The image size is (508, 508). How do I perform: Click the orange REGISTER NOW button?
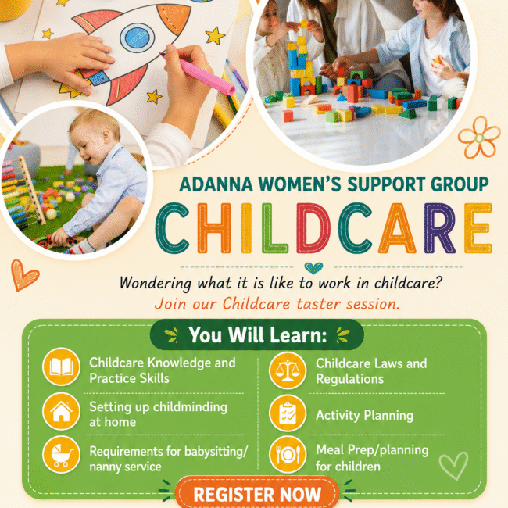point(257,493)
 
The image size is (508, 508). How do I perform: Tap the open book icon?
point(61,367)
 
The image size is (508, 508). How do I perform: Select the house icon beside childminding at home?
point(61,411)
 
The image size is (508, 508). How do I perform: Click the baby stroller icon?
point(61,455)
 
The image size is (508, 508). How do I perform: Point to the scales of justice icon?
point(288,370)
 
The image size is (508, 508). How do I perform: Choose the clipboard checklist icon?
point(288,413)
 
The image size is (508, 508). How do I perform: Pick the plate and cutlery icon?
point(288,455)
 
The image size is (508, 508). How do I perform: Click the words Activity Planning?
point(364,415)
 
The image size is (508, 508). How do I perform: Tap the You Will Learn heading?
point(258,334)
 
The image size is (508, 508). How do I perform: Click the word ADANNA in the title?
point(216,184)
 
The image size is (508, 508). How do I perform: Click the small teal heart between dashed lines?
point(313,267)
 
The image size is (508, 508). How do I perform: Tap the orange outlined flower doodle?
point(479,138)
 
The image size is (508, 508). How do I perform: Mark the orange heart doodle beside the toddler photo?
point(24,275)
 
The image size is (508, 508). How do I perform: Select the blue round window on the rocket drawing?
point(137,38)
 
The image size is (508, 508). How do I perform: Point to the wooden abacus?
point(23,191)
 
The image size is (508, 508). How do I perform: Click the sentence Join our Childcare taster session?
point(277,304)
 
